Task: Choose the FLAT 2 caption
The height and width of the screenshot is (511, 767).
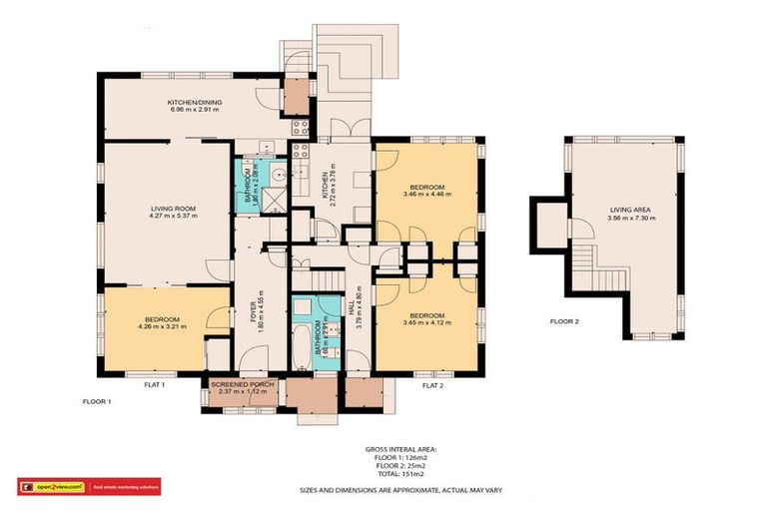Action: [433, 383]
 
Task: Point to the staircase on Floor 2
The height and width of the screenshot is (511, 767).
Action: [589, 259]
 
